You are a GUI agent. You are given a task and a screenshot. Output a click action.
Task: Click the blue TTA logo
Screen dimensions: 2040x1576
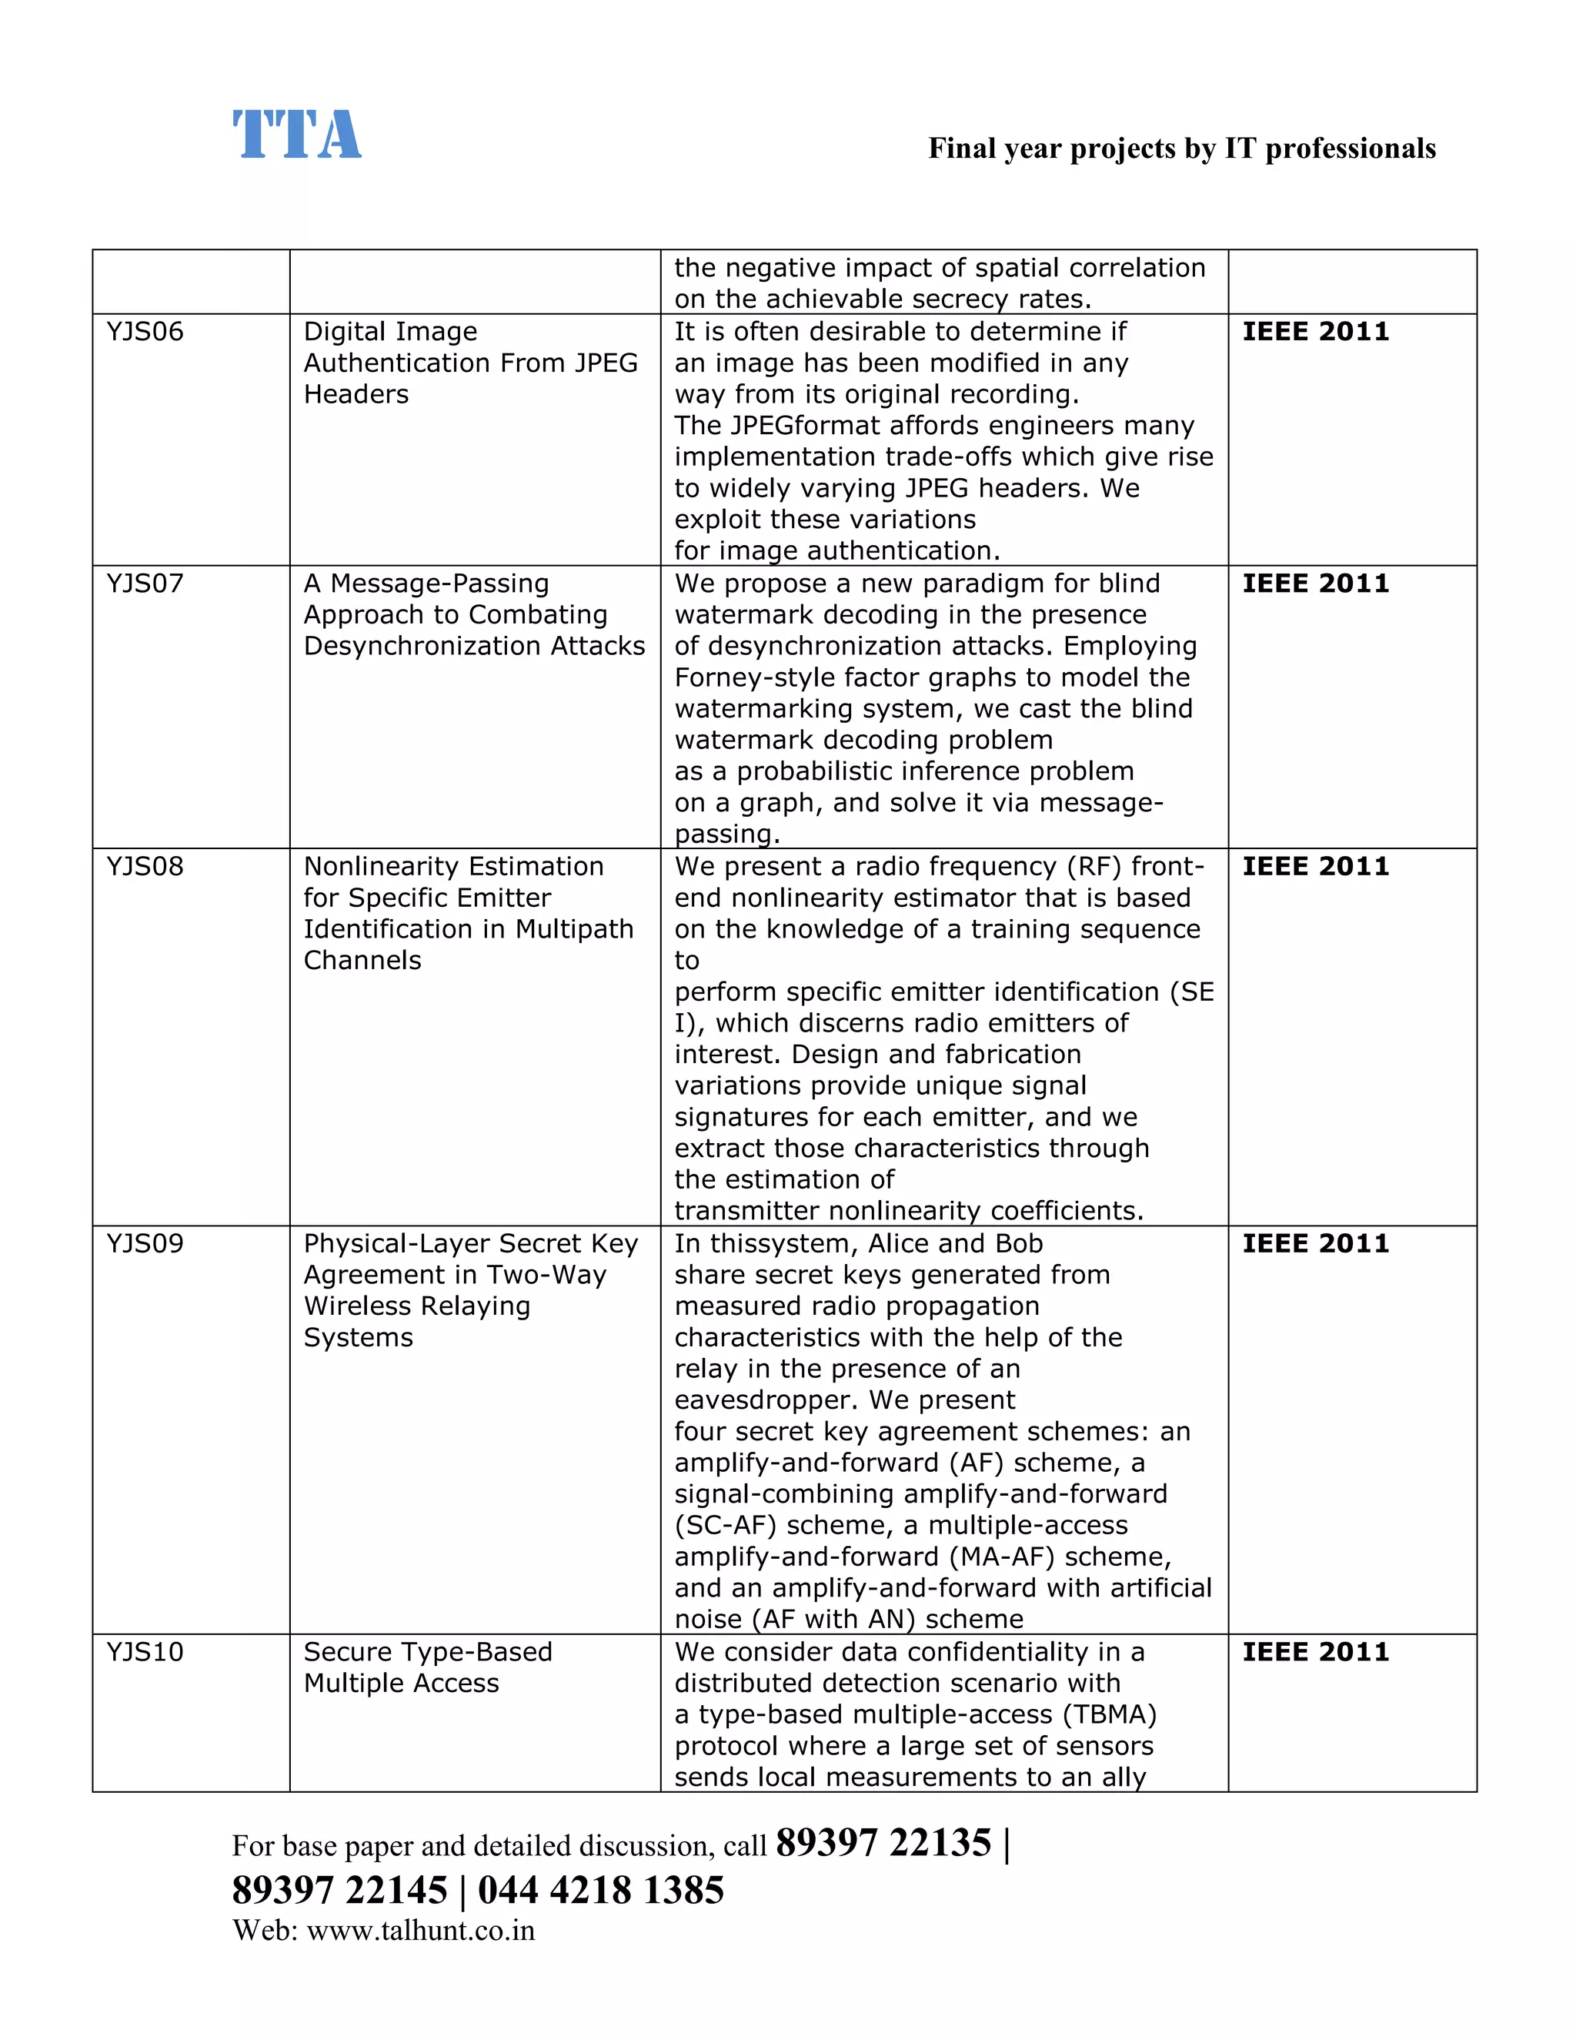(296, 135)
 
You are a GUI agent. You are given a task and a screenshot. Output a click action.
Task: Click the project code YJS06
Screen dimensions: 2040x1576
(145, 332)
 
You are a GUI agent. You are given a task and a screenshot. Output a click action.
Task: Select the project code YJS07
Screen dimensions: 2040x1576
(145, 584)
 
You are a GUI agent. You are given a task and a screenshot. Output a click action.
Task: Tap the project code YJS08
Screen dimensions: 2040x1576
(145, 867)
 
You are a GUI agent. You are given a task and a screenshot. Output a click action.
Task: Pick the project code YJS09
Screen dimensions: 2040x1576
(145, 1244)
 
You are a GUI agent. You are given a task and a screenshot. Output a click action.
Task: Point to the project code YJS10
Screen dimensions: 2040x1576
(145, 1652)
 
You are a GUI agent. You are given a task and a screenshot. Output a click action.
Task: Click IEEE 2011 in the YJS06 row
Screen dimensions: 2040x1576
(1314, 332)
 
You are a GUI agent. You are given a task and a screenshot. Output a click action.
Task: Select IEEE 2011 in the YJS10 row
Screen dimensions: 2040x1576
(1314, 1652)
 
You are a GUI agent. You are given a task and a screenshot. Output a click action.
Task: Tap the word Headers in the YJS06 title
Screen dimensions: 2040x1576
(356, 394)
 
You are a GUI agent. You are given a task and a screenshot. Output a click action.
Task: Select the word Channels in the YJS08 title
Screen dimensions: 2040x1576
(362, 960)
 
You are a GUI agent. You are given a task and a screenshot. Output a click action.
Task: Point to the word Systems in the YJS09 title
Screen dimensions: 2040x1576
(358, 1338)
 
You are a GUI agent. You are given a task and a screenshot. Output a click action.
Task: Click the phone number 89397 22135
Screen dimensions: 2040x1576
(883, 1843)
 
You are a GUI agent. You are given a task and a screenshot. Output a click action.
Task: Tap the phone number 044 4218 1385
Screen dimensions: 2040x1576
(600, 1891)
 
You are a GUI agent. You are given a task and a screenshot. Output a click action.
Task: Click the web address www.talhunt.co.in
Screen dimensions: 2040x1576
(420, 1931)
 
